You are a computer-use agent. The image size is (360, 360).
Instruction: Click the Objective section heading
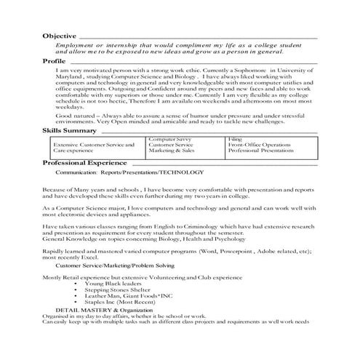click(59, 36)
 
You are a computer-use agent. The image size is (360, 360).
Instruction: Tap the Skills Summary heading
click(69, 130)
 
